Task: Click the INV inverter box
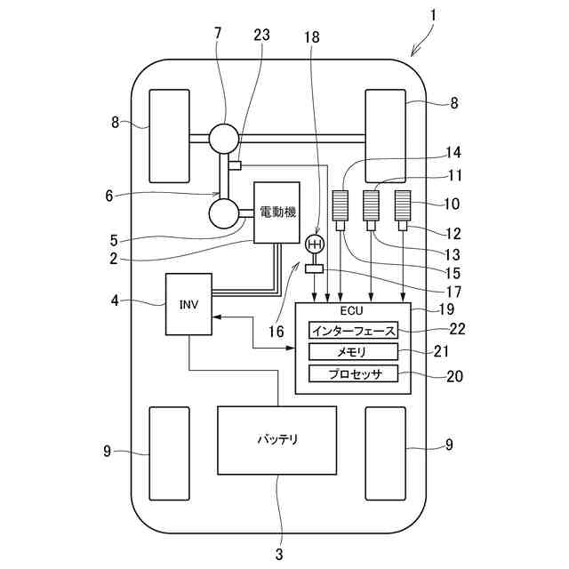188,304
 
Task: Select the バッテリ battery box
276,440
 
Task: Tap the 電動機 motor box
276,212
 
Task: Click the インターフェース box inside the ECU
354,330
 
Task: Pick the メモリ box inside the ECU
354,352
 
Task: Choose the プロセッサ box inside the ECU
354,373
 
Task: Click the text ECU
351,311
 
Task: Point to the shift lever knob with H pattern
315,245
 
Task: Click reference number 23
261,36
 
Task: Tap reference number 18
312,37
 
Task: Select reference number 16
276,332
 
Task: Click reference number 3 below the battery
278,555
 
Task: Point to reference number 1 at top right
433,16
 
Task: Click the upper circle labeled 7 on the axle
224,139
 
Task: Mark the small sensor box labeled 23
235,165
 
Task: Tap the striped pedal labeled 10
403,205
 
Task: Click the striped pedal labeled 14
341,205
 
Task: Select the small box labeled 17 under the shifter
314,268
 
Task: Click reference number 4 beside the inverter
115,301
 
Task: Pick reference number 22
457,329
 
